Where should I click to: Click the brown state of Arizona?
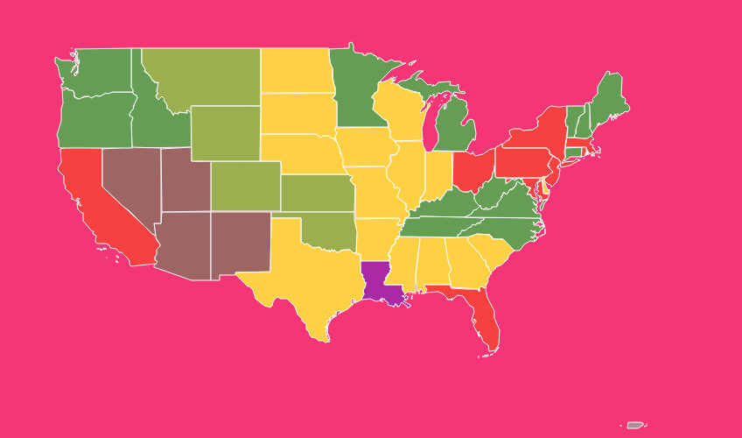pyautogui.click(x=183, y=247)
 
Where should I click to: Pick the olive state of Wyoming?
pyautogui.click(x=225, y=132)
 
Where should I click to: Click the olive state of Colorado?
pyautogui.click(x=244, y=185)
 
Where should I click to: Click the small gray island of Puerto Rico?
pyautogui.click(x=635, y=425)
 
